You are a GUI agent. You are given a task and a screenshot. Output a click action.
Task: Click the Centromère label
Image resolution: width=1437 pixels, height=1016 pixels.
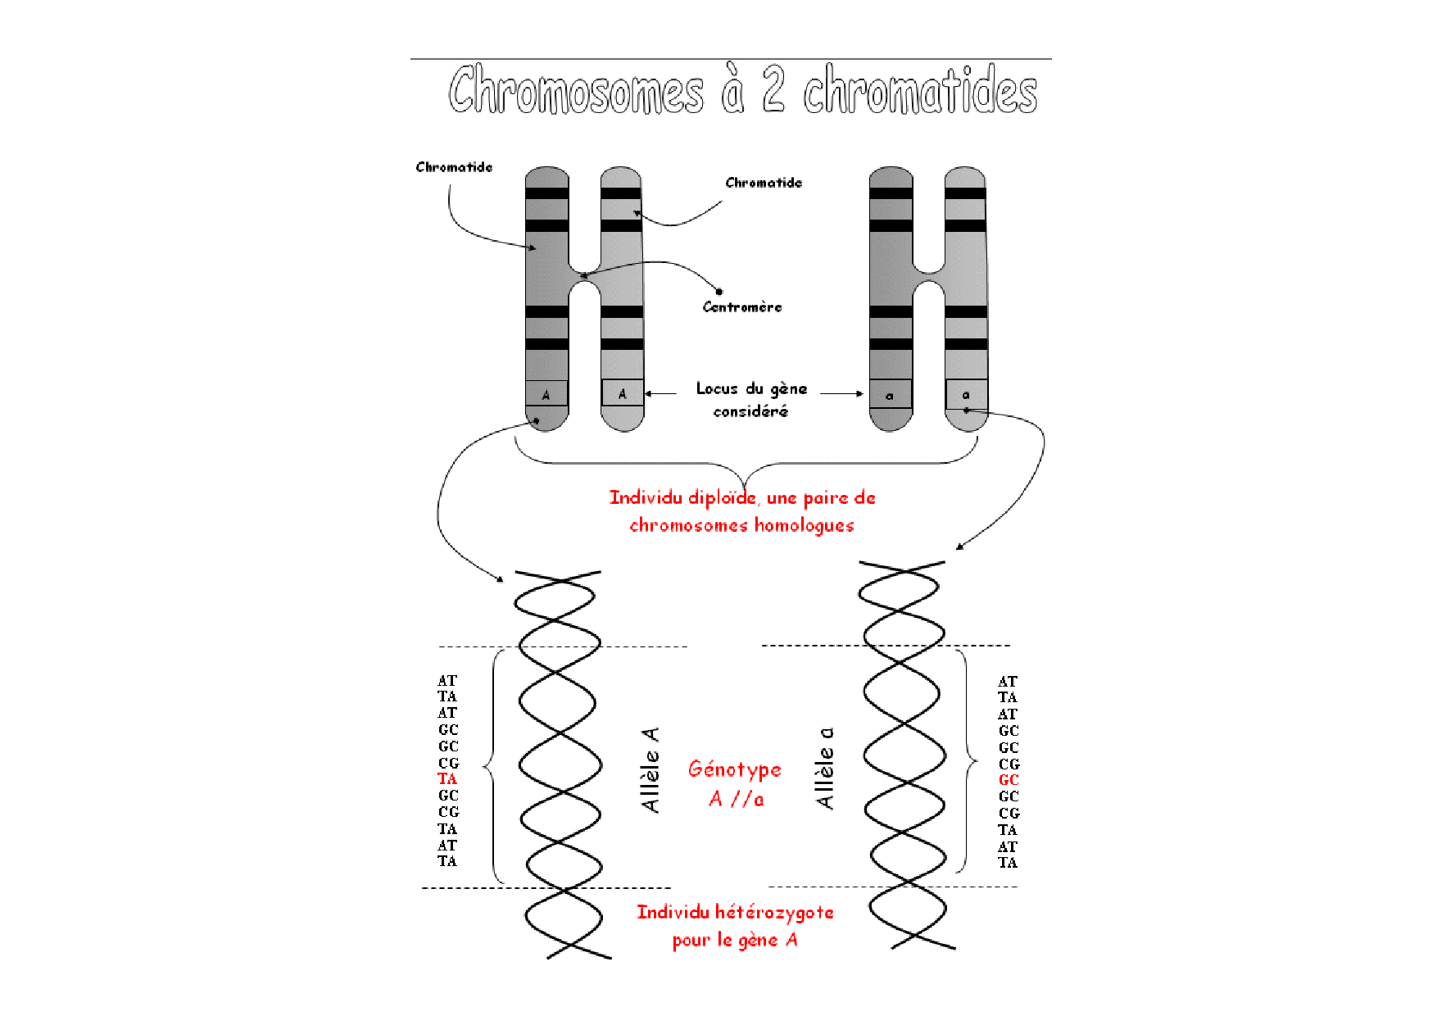click(x=742, y=307)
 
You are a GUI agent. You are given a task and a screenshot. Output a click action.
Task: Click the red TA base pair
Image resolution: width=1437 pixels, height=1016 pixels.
click(x=447, y=779)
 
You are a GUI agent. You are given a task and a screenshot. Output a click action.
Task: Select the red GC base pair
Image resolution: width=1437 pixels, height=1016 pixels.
click(x=1009, y=780)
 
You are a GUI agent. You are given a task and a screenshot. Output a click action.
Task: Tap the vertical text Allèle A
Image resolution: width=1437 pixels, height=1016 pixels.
click(x=651, y=769)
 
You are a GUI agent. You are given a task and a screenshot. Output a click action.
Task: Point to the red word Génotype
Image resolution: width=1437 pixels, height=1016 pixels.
click(x=735, y=769)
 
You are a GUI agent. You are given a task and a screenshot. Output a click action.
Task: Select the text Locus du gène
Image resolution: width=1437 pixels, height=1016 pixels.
click(x=752, y=388)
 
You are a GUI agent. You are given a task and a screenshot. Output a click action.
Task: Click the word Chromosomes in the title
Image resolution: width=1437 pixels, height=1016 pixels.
click(x=576, y=89)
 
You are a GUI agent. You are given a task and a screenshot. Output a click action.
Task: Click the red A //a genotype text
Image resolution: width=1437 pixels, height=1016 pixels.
click(x=737, y=799)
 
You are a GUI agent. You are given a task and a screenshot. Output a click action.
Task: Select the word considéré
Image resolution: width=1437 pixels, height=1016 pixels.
click(x=750, y=411)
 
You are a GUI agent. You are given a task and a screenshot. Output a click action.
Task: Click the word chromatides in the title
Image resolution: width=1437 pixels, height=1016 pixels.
click(x=920, y=89)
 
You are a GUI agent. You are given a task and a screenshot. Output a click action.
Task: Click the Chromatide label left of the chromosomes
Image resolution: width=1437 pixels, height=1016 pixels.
click(x=454, y=167)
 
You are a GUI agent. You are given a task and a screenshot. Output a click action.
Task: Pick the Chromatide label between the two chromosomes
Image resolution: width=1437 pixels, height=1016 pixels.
click(x=764, y=183)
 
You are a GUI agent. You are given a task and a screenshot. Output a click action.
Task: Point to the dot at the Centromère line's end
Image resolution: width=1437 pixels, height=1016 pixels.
click(x=718, y=291)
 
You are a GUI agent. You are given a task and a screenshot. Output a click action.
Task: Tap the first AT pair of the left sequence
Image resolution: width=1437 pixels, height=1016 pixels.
click(x=447, y=681)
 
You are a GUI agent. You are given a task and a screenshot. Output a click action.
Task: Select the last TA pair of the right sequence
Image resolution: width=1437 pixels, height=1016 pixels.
click(x=1008, y=863)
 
